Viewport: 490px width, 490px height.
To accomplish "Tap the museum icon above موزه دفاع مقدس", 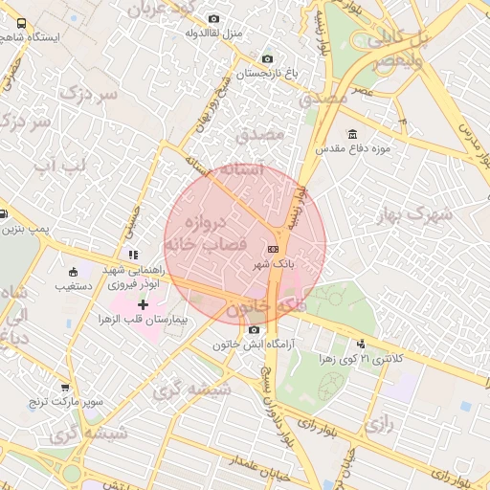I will click(x=353, y=134).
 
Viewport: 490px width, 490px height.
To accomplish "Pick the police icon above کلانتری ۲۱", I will click(x=361, y=344).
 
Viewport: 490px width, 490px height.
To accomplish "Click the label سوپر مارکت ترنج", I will click(x=65, y=402).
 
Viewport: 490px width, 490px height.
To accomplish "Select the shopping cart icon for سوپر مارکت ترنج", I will click(x=65, y=388).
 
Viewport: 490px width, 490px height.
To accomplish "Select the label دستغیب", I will click(x=72, y=286).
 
